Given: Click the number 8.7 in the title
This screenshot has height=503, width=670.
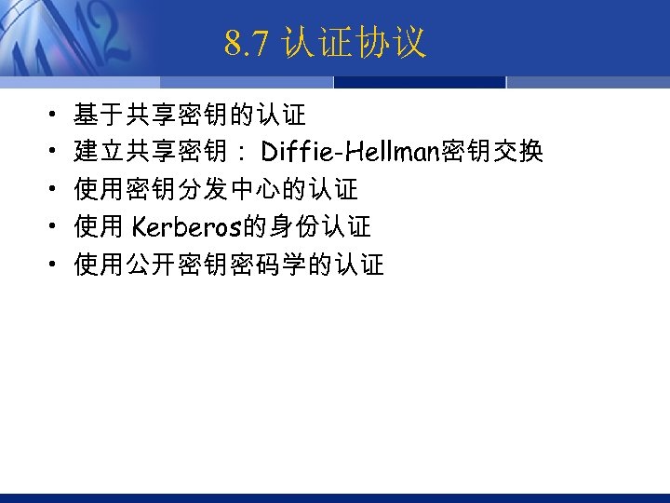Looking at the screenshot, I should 247,43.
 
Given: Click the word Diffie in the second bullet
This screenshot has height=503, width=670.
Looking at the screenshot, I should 296,152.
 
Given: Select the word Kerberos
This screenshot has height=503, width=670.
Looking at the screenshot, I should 186,227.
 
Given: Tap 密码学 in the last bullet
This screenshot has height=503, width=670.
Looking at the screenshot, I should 281,265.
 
